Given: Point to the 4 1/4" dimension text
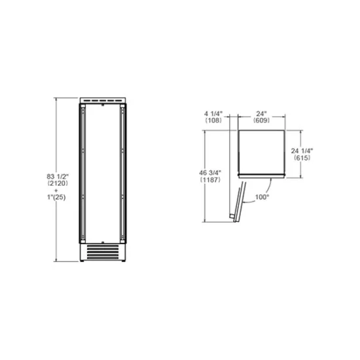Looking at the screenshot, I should [213, 113].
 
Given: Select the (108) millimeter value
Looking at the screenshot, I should [213, 120].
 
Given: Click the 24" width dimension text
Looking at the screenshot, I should [262, 113].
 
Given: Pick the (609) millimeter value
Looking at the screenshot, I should [262, 120].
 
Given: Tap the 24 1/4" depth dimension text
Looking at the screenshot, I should [320, 150].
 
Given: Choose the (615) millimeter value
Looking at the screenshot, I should [320, 158].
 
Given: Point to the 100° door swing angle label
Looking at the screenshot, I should [262, 196].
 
